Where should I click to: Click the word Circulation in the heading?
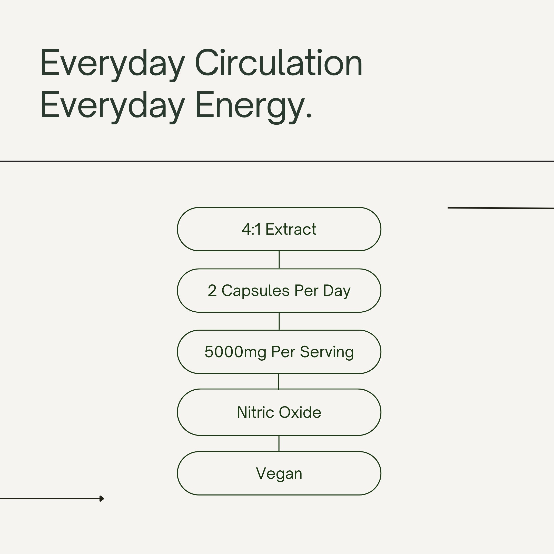279,63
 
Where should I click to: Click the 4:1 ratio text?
251,229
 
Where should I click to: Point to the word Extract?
291,229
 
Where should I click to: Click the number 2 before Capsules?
212,291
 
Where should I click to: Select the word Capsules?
255,291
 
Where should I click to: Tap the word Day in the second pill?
337,291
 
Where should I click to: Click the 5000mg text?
235,352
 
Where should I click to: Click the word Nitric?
255,413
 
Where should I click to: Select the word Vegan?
279,474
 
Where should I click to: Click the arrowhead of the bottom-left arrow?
102,499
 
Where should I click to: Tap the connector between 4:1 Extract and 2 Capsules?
279,260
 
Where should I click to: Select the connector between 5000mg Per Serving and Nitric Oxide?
279,381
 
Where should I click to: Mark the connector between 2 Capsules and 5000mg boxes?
279,321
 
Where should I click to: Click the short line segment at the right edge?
501,208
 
